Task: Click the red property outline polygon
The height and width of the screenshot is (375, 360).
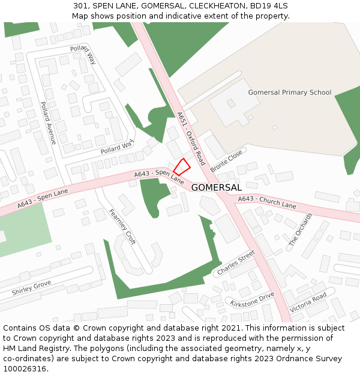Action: click(x=182, y=167)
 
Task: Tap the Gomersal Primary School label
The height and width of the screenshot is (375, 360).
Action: click(x=289, y=92)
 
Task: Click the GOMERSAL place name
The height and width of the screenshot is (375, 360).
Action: click(x=216, y=188)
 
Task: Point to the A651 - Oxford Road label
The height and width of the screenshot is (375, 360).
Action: click(x=191, y=139)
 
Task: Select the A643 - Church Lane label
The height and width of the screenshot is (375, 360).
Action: click(x=267, y=202)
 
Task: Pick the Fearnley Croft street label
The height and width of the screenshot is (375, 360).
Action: click(x=122, y=227)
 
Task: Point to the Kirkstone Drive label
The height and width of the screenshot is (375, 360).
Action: click(x=252, y=299)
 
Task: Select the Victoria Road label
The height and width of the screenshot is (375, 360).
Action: click(x=308, y=302)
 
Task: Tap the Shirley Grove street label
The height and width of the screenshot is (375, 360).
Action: click(x=31, y=288)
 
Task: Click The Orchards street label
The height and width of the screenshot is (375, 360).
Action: click(x=301, y=229)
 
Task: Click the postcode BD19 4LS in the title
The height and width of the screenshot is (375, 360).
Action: click(x=269, y=5)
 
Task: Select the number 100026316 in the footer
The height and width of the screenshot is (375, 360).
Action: click(x=25, y=369)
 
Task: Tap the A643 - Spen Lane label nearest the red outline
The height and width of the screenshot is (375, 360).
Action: click(x=159, y=176)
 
